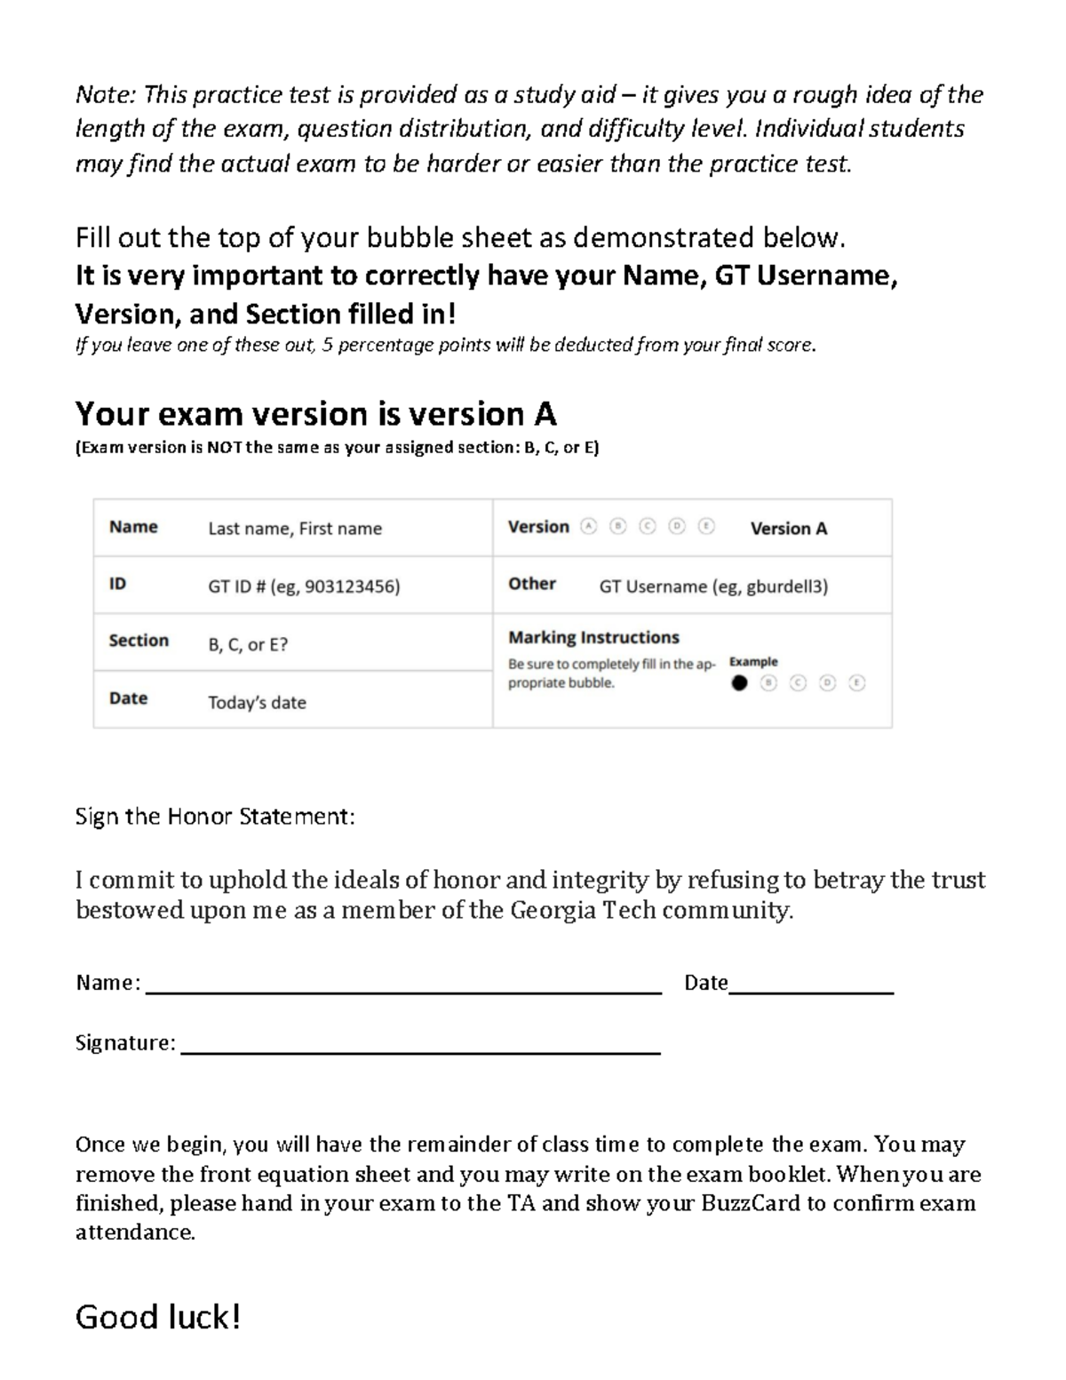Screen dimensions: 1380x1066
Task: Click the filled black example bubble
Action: tap(739, 683)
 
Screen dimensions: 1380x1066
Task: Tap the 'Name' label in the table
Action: tap(133, 527)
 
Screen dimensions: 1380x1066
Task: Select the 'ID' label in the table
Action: tap(117, 584)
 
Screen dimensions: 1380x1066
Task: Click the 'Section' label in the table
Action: tap(139, 641)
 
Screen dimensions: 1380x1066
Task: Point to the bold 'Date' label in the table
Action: tap(128, 698)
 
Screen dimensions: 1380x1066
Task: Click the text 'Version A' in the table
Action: tap(789, 529)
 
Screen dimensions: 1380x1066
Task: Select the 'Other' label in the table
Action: tap(532, 584)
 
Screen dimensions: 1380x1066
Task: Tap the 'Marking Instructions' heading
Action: tap(593, 637)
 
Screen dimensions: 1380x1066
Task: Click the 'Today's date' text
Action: tap(257, 703)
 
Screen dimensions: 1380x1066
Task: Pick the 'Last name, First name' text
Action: tap(295, 529)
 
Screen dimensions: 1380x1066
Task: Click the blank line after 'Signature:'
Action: tap(420, 1052)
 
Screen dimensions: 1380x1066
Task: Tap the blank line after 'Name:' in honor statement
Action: tap(403, 993)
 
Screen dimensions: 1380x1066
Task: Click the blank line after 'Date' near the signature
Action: tap(811, 993)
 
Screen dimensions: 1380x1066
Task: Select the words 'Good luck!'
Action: tap(158, 1317)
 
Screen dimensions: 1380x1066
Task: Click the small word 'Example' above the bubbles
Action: tap(753, 662)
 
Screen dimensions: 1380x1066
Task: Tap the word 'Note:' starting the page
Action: tap(107, 95)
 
